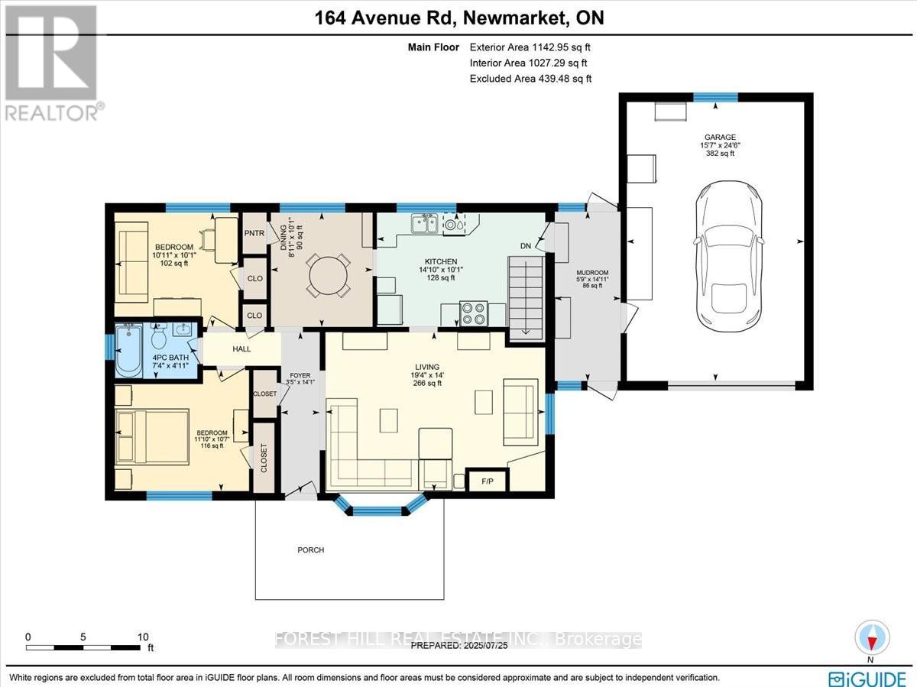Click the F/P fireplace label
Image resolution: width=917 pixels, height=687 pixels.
click(x=486, y=481)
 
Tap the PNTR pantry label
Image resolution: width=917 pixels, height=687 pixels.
click(x=253, y=232)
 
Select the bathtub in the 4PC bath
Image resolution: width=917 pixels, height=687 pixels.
click(x=128, y=350)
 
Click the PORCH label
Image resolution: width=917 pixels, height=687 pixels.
click(x=311, y=550)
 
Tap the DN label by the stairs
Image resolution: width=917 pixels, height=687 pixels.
click(x=525, y=246)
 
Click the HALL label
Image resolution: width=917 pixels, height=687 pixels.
click(x=241, y=349)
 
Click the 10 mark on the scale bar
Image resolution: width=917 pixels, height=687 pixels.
click(x=142, y=637)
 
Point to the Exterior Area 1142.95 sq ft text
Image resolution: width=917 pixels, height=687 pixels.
click(x=530, y=47)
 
